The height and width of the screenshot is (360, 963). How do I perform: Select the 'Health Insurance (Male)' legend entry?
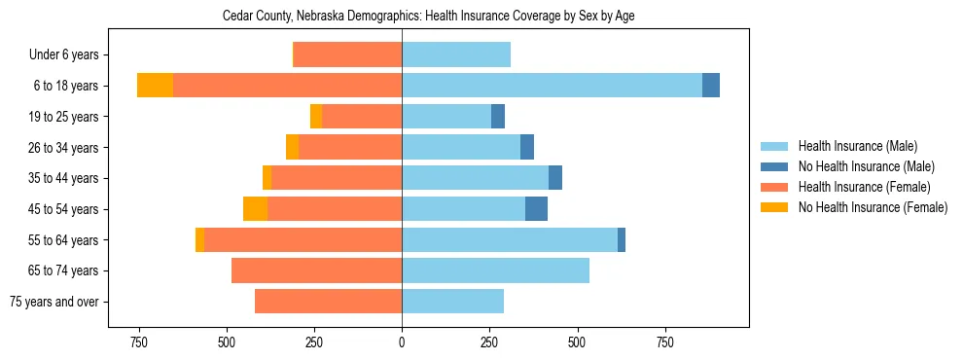[857, 146]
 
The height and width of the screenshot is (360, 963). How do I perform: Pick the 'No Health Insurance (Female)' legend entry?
[873, 207]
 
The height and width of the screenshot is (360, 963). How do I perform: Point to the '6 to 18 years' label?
[66, 86]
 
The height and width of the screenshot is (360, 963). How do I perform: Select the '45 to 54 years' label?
[63, 209]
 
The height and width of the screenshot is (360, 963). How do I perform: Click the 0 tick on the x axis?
[402, 342]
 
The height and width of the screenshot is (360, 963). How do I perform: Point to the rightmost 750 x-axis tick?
[665, 342]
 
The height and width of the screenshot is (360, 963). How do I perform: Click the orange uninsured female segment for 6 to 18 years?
[155, 86]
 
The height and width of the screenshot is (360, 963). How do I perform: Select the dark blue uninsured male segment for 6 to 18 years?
[711, 86]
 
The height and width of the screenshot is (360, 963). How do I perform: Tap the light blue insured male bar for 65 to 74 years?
[495, 270]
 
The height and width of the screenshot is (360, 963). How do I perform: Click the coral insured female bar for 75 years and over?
[328, 302]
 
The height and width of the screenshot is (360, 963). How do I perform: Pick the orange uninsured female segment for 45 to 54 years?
[255, 209]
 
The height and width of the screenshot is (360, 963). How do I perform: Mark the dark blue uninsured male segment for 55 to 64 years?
[622, 239]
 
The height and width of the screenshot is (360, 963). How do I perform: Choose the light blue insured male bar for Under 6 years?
[456, 55]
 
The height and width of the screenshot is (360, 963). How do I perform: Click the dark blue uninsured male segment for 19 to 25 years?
[498, 117]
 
